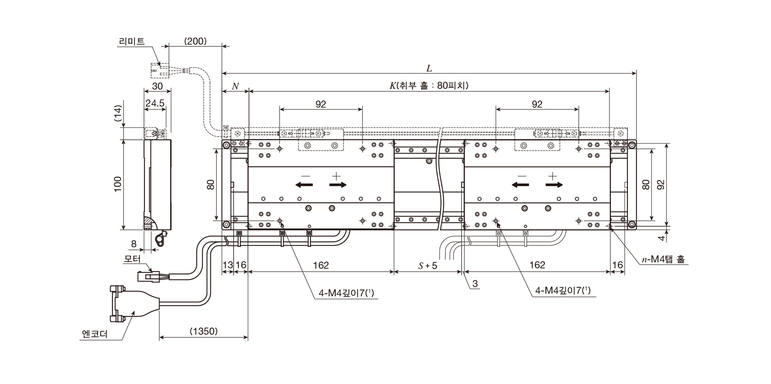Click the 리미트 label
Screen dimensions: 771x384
tap(132, 41)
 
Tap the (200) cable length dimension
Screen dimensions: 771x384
tap(195, 41)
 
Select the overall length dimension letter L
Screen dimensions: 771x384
tap(429, 69)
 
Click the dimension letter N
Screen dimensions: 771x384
tap(235, 86)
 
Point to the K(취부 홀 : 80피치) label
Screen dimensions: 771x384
tap(429, 86)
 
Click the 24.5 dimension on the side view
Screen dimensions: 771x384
tap(155, 103)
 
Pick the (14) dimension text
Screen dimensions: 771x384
tap(118, 114)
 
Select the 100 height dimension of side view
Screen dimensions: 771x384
tap(118, 184)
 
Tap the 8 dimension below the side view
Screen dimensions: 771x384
tap(134, 244)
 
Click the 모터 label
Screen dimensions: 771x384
tap(132, 259)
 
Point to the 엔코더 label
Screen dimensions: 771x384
tap(95, 334)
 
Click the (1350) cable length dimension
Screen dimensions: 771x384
tap(204, 331)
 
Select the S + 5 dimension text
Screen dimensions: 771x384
tap(428, 265)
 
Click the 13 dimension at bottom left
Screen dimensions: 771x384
tap(228, 265)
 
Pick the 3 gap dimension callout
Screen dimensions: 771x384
tap(475, 284)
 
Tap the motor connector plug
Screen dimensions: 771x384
tap(148, 276)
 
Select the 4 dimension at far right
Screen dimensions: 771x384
tap(662, 238)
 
